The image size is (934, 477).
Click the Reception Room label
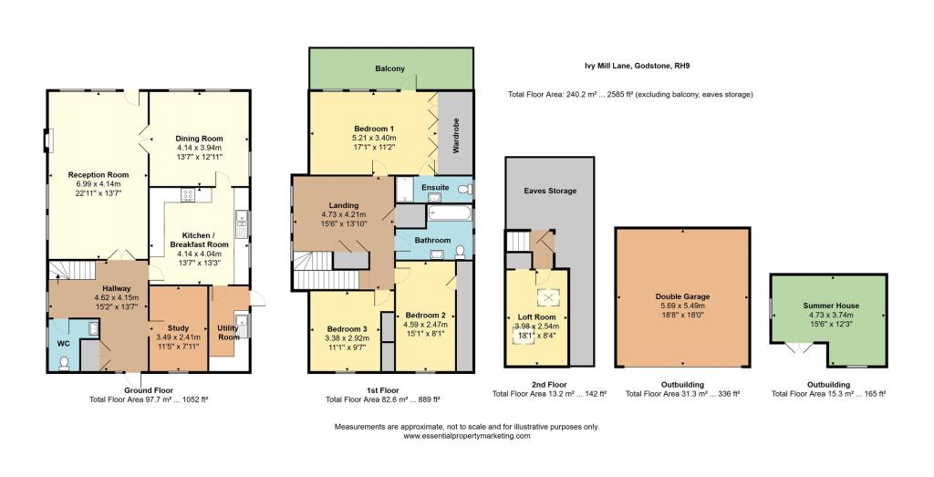pyautogui.click(x=99, y=174)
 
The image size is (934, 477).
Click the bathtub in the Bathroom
pyautogui.click(x=449, y=213)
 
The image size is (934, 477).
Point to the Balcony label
pyautogui.click(x=390, y=68)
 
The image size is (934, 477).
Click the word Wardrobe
pyautogui.click(x=456, y=136)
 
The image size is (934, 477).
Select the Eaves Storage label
pyautogui.click(x=550, y=191)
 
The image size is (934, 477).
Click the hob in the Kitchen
pyautogui.click(x=188, y=194)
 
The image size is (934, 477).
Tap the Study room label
pyautogui.click(x=178, y=328)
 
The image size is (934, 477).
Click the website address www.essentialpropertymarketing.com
pyautogui.click(x=466, y=436)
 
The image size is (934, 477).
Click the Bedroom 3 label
pyautogui.click(x=347, y=328)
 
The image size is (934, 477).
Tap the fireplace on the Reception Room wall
pyautogui.click(x=47, y=140)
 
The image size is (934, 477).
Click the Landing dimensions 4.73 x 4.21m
pyautogui.click(x=344, y=214)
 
